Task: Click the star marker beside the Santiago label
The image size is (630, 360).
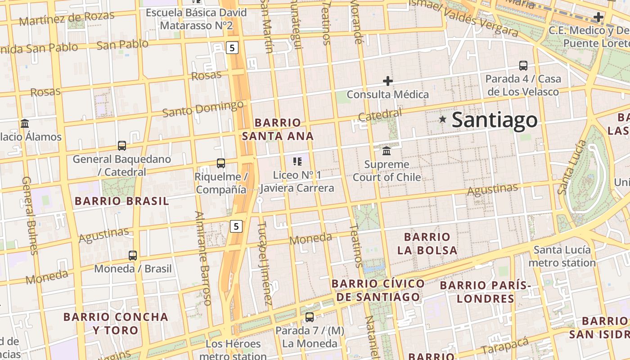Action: [443, 119]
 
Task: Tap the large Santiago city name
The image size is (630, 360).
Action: [494, 120]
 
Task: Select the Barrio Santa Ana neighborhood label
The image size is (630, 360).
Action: [278, 129]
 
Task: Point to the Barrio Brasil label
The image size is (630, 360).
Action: [122, 201]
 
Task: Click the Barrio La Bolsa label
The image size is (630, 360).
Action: [427, 243]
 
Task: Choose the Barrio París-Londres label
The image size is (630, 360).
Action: [486, 292]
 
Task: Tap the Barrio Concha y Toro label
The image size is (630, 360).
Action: [116, 323]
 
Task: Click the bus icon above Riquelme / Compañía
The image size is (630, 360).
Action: [220, 163]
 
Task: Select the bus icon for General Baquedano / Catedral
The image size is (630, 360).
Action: [122, 146]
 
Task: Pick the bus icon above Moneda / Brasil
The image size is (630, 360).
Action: [133, 256]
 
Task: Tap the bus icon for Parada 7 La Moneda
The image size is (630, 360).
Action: [310, 317]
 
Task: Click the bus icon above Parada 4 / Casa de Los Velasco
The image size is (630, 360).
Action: [523, 66]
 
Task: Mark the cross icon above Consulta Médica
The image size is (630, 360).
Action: [388, 81]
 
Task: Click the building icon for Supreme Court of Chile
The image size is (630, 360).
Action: [387, 151]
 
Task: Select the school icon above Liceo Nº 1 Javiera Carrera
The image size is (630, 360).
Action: [297, 161]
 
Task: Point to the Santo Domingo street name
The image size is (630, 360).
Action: [203, 109]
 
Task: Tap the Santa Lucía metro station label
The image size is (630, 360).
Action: [562, 256]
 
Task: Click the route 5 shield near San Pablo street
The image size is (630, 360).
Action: [232, 48]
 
